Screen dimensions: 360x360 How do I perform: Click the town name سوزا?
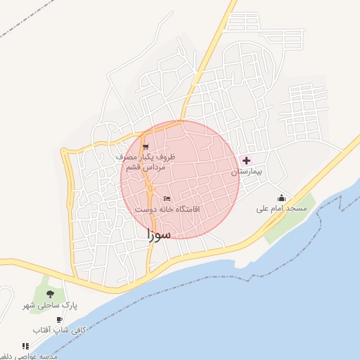click(159, 235)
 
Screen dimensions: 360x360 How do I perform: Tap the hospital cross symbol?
click(245, 160)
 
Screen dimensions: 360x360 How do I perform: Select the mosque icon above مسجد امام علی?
click(281, 198)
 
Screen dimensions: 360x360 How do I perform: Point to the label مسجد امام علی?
click(281, 209)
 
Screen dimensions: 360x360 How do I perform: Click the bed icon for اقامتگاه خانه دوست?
click(167, 199)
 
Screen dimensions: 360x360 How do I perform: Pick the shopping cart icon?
click(146, 147)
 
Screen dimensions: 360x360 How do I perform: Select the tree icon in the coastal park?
click(49, 292)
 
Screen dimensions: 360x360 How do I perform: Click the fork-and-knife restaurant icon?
click(25, 346)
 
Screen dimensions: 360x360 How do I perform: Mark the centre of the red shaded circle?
click(180, 180)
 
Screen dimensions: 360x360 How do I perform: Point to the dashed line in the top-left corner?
click(21, 25)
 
